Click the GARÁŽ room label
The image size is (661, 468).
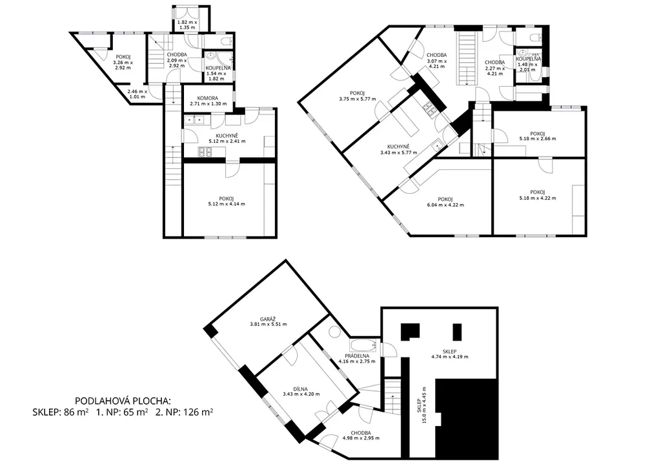pos(268,319)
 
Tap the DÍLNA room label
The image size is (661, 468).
pos(301,389)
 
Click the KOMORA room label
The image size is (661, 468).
pos(208,98)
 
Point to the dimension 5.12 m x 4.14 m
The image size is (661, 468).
pos(227,204)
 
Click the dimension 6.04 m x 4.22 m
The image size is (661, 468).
pos(445,205)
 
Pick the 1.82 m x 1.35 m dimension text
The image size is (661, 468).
pos(187,25)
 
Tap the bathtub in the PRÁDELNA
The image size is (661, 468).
pos(364,346)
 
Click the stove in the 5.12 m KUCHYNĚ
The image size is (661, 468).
pos(205,152)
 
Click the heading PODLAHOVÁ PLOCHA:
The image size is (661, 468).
pos(123,401)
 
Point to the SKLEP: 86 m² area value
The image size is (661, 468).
pos(60,412)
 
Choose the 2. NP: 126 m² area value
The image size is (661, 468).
pos(184,412)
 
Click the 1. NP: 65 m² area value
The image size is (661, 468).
pos(122,412)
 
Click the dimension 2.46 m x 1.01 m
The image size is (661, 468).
pos(137,94)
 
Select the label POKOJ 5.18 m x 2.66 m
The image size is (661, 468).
pos(537,136)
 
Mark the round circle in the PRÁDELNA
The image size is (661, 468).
pos(335,331)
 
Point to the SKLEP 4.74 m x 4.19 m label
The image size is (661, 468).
pos(449,354)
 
